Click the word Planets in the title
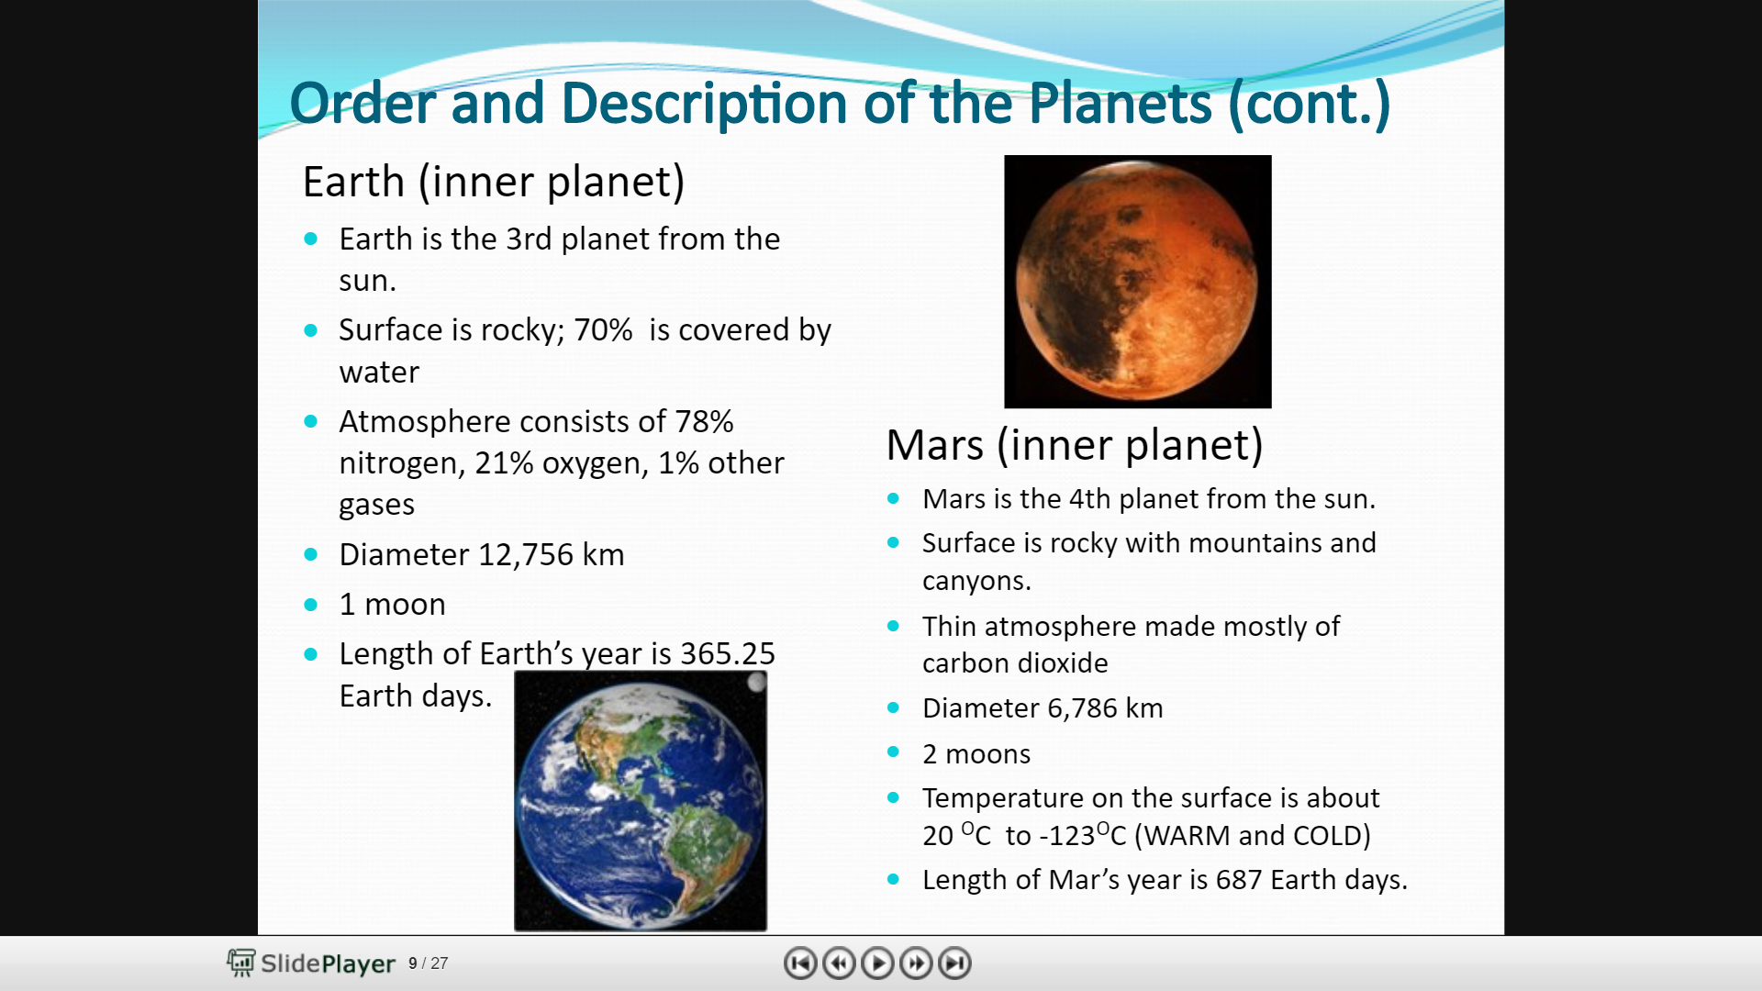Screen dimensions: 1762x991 coord(1120,103)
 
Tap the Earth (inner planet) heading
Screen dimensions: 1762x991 coord(494,182)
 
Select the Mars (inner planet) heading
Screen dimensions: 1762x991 coord(1075,445)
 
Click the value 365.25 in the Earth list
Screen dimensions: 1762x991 coord(728,653)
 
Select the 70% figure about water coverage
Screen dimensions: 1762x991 coord(603,330)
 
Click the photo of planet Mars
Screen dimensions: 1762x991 coord(1138,282)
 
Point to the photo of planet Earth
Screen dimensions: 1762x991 coord(641,801)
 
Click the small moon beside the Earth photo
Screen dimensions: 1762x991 coord(756,682)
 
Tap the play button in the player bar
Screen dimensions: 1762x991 coord(877,963)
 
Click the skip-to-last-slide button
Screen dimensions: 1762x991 coord(955,963)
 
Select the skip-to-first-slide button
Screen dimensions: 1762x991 coord(800,963)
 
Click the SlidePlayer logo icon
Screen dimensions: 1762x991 coord(241,963)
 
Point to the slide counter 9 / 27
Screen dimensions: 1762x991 coord(428,963)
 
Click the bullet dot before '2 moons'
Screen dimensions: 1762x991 coord(893,752)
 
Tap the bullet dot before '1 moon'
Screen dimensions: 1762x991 coord(310,605)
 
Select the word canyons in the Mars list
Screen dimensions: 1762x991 coord(976,582)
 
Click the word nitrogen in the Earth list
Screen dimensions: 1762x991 coord(398,464)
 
